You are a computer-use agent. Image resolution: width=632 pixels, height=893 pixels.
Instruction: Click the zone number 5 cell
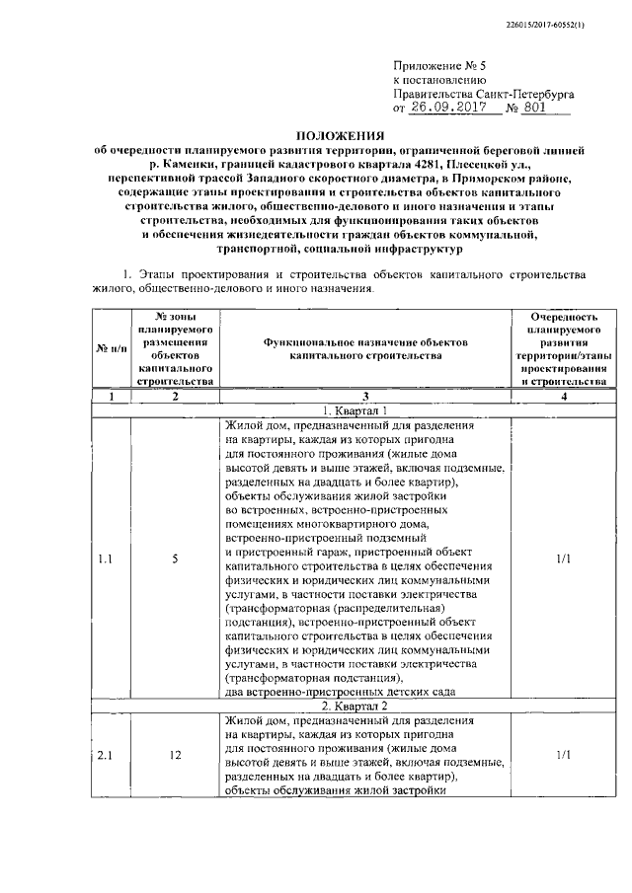[175, 558]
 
